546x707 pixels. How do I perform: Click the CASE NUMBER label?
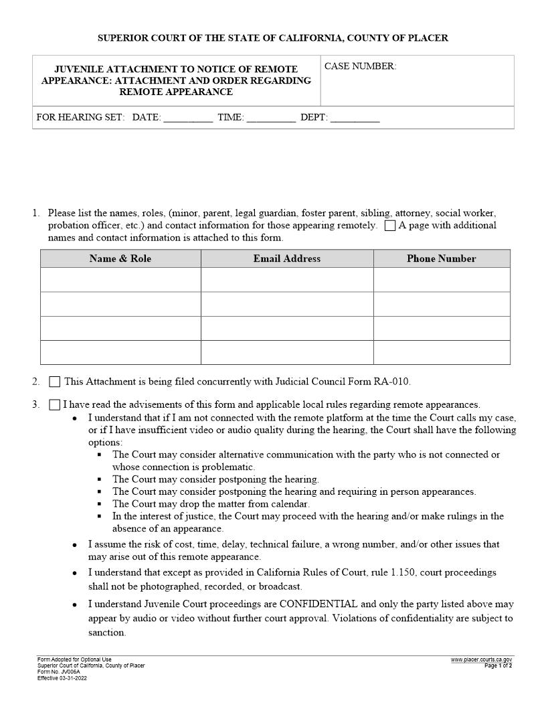[360, 66]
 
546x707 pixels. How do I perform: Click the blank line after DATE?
[188, 118]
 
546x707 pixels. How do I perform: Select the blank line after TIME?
[271, 118]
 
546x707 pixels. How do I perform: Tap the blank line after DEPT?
[355, 118]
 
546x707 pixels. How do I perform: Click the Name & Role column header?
[120, 258]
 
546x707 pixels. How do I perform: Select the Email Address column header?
[286, 258]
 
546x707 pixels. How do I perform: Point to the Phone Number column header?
[441, 258]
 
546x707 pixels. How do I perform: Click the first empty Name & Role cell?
[120, 279]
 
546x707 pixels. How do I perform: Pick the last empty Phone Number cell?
[441, 352]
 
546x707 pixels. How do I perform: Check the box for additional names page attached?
[390, 226]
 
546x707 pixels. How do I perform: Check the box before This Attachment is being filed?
[55, 382]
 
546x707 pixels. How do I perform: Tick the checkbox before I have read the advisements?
[55, 405]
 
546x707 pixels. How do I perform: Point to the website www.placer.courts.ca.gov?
[481, 660]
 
